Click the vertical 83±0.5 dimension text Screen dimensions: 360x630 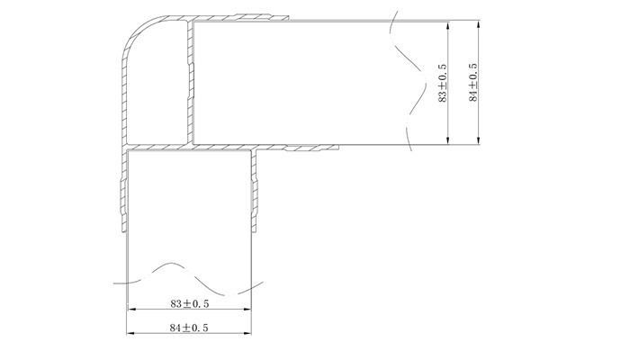pyautogui.click(x=442, y=83)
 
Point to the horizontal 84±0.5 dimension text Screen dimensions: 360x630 pyautogui.click(x=188, y=328)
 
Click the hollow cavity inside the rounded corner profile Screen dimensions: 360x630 pyautogui.click(x=153, y=85)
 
